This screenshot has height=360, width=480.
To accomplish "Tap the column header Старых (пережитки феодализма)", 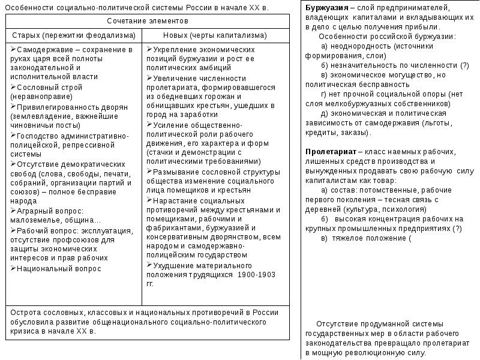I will coord(73,35).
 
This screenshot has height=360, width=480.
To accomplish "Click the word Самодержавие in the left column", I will coord(42,49).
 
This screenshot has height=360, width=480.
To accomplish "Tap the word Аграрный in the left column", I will coord(34,211).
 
